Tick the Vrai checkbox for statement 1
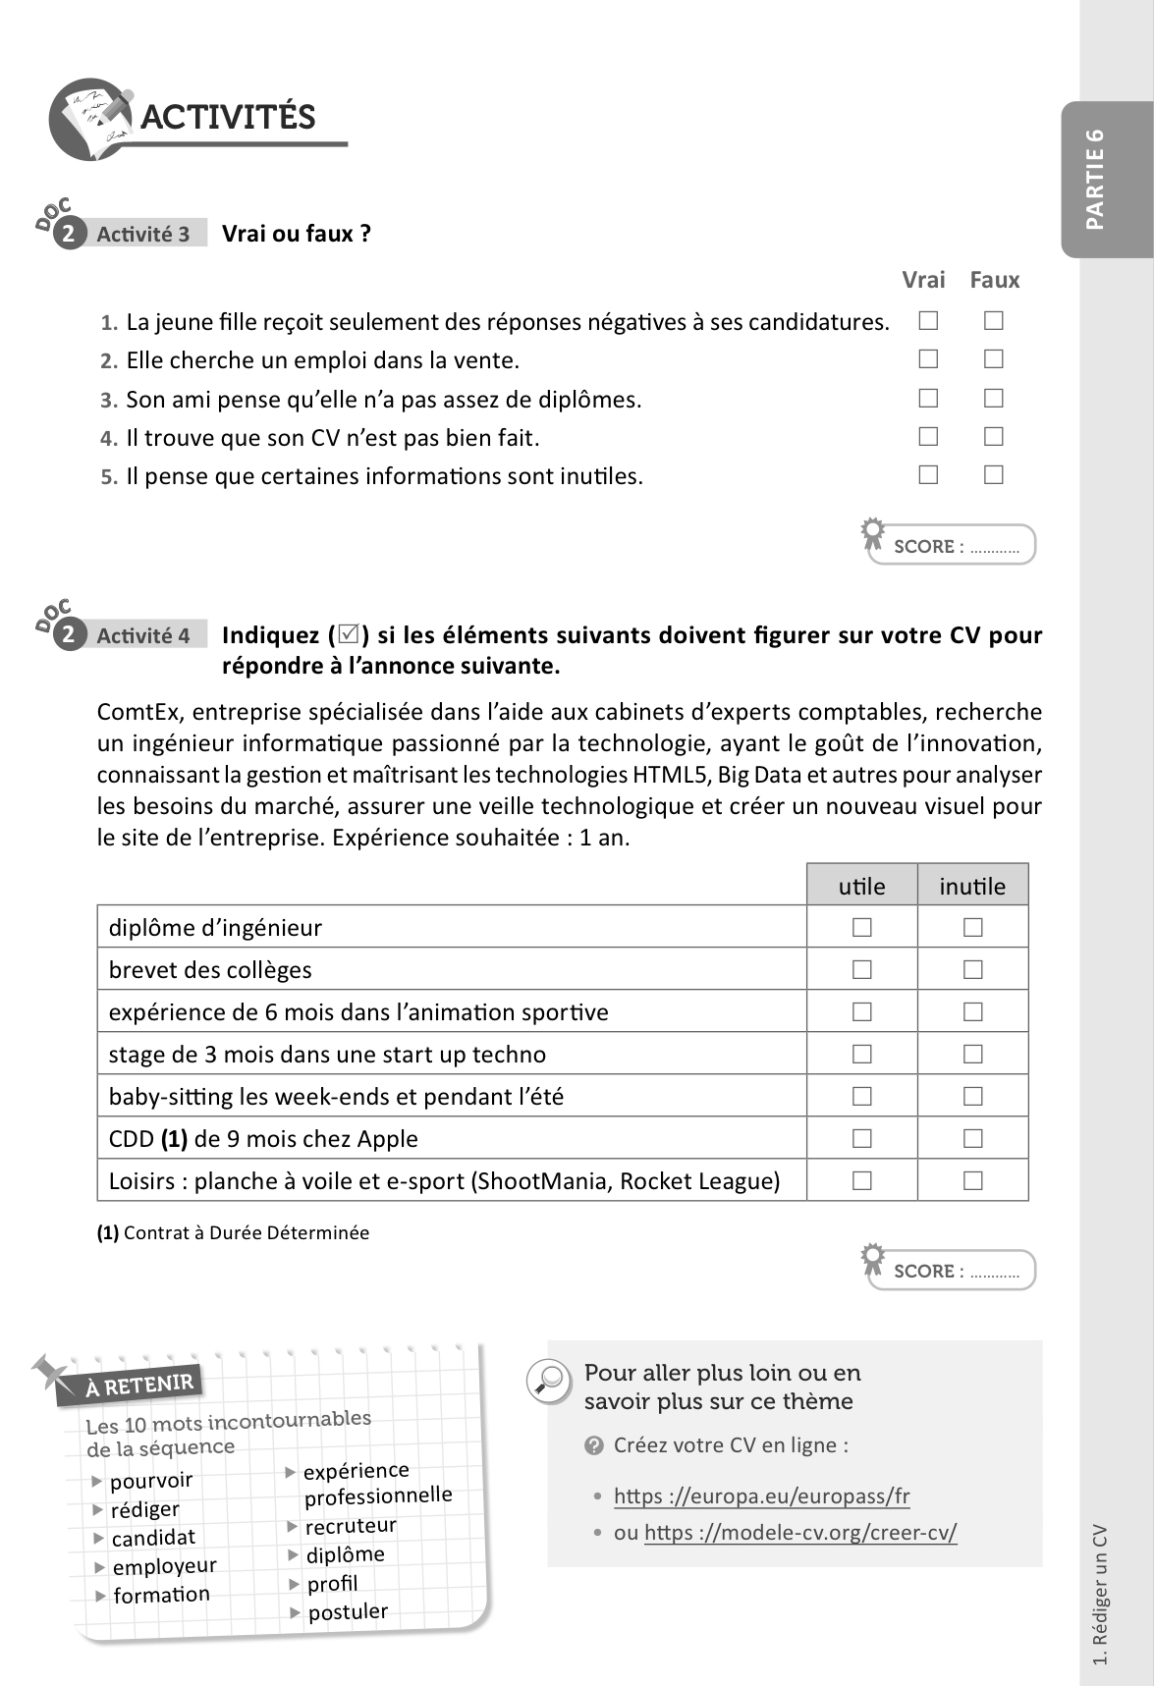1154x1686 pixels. pyautogui.click(x=928, y=320)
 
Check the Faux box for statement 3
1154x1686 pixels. pyautogui.click(x=994, y=398)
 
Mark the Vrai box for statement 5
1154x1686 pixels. pyautogui.click(x=928, y=474)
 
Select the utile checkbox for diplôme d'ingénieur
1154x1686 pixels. pyautogui.click(x=862, y=927)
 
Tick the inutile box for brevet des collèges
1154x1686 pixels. pyautogui.click(x=973, y=969)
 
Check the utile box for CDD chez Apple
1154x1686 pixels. pyautogui.click(x=862, y=1138)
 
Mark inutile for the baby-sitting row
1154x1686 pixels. pyautogui.click(x=973, y=1096)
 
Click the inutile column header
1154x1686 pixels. pyautogui.click(x=972, y=886)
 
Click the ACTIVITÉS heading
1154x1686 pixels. pyautogui.click(x=228, y=117)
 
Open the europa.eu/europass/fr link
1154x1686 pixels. pyautogui.click(x=761, y=1496)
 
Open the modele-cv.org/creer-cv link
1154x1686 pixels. pyautogui.click(x=800, y=1532)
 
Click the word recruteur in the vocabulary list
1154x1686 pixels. pyautogui.click(x=351, y=1526)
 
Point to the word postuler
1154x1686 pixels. pyautogui.click(x=348, y=1611)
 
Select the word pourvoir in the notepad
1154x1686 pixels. pyautogui.click(x=151, y=1480)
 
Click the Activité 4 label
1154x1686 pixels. pyautogui.click(x=143, y=635)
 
